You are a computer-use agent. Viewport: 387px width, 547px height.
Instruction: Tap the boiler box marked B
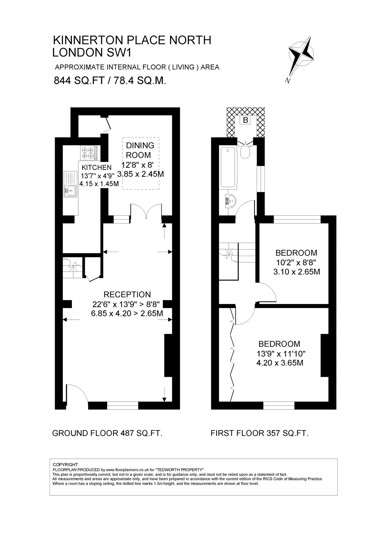246,120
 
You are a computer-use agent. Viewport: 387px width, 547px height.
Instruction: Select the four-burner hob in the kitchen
89,153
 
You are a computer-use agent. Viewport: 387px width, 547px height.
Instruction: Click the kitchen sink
70,184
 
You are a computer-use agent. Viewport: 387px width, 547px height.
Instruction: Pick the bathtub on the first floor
228,168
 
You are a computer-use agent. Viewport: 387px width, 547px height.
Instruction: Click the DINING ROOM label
140,150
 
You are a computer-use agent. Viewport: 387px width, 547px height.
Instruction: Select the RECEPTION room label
127,294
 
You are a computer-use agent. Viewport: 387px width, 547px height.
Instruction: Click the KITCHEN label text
96,167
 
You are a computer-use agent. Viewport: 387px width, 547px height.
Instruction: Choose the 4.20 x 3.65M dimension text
280,363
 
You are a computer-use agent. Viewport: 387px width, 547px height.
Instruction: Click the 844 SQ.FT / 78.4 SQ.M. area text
110,80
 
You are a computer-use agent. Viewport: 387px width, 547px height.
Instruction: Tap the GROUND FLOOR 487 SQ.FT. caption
107,433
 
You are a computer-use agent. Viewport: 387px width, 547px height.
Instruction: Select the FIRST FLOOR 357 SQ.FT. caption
259,433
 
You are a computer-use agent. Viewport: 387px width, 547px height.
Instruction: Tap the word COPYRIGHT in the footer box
66,465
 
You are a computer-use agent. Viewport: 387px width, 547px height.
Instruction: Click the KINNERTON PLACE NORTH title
132,40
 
